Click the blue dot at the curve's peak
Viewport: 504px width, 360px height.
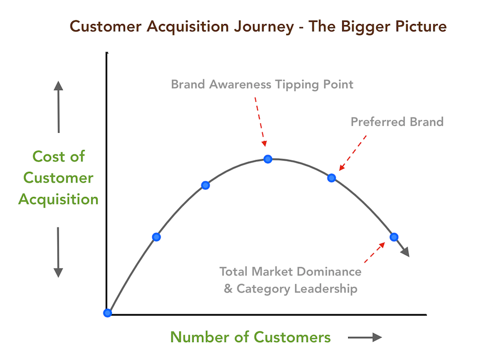(268, 159)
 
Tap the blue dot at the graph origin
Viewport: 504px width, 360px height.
(108, 313)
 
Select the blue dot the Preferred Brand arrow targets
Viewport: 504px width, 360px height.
(332, 178)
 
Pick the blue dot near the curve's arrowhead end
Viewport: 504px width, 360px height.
(394, 236)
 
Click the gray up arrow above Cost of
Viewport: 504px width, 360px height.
(58, 106)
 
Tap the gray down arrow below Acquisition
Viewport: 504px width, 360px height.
(58, 251)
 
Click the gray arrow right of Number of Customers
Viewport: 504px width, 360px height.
(365, 338)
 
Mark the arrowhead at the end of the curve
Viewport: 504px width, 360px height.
(406, 252)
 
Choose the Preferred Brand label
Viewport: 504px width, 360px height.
(397, 121)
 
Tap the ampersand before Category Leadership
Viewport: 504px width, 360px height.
(228, 289)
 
